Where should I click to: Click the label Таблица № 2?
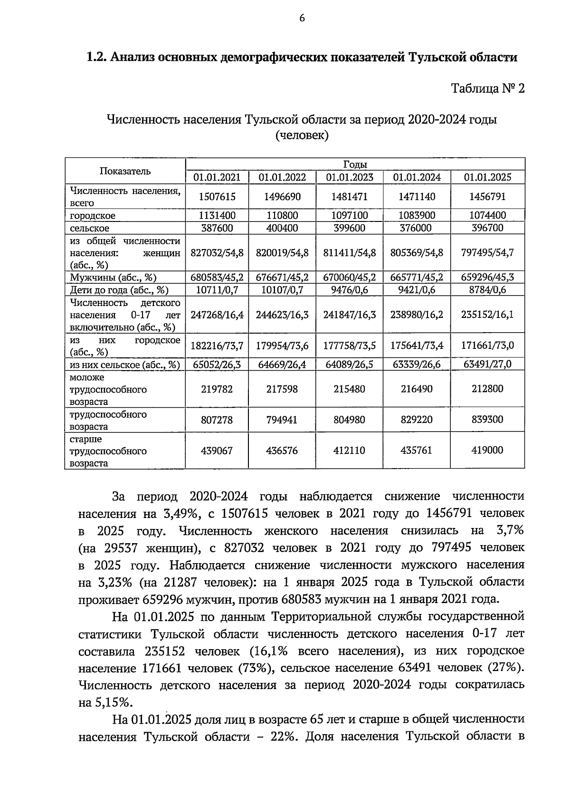tap(487, 89)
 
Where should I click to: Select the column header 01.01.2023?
tap(349, 178)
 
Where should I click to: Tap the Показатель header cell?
tap(125, 171)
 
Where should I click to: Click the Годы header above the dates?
tap(354, 164)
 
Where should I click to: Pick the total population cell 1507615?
tap(217, 197)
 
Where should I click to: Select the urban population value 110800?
tap(282, 215)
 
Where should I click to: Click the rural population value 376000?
tap(416, 228)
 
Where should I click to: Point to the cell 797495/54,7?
tap(487, 252)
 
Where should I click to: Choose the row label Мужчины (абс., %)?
tap(113, 278)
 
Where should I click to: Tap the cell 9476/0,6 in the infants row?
tap(349, 290)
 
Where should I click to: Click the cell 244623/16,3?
tap(282, 315)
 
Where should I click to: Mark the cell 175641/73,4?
tap(417, 345)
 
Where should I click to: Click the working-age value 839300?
tap(487, 420)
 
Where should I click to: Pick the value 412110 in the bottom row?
tap(349, 451)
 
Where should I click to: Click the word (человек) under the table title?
tap(301, 136)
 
